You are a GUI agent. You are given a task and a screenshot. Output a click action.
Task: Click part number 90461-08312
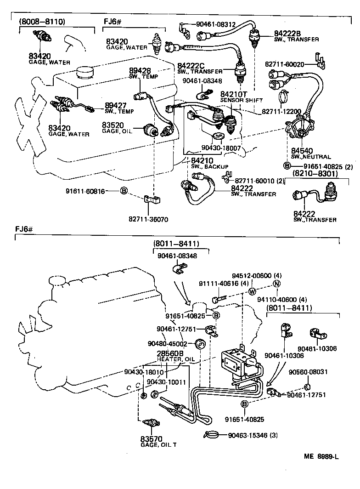(x=216, y=24)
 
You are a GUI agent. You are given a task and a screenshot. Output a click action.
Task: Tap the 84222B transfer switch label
(x=297, y=36)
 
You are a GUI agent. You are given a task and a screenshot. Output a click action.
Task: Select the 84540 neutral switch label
(x=311, y=154)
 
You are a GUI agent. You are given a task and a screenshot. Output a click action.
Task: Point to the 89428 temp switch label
(x=144, y=73)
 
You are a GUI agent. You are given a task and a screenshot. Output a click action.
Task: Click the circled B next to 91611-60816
(x=124, y=191)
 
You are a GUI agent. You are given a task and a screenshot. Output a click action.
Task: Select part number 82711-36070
(x=148, y=219)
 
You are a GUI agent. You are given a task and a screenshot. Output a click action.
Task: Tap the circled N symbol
(x=276, y=284)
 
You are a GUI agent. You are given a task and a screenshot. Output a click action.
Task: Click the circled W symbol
(x=252, y=291)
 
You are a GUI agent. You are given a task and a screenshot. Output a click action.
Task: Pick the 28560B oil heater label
(x=175, y=356)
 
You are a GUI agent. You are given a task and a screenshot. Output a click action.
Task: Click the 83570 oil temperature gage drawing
(x=151, y=423)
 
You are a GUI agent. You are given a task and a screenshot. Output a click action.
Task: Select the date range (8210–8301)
(x=315, y=173)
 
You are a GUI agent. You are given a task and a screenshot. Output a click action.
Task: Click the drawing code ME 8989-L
(x=321, y=456)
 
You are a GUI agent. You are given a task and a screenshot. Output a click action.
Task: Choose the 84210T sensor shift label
(x=241, y=97)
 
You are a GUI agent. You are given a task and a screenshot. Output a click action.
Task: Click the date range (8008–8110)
(x=42, y=22)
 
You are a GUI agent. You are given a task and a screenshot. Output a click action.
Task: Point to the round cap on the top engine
(x=85, y=72)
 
